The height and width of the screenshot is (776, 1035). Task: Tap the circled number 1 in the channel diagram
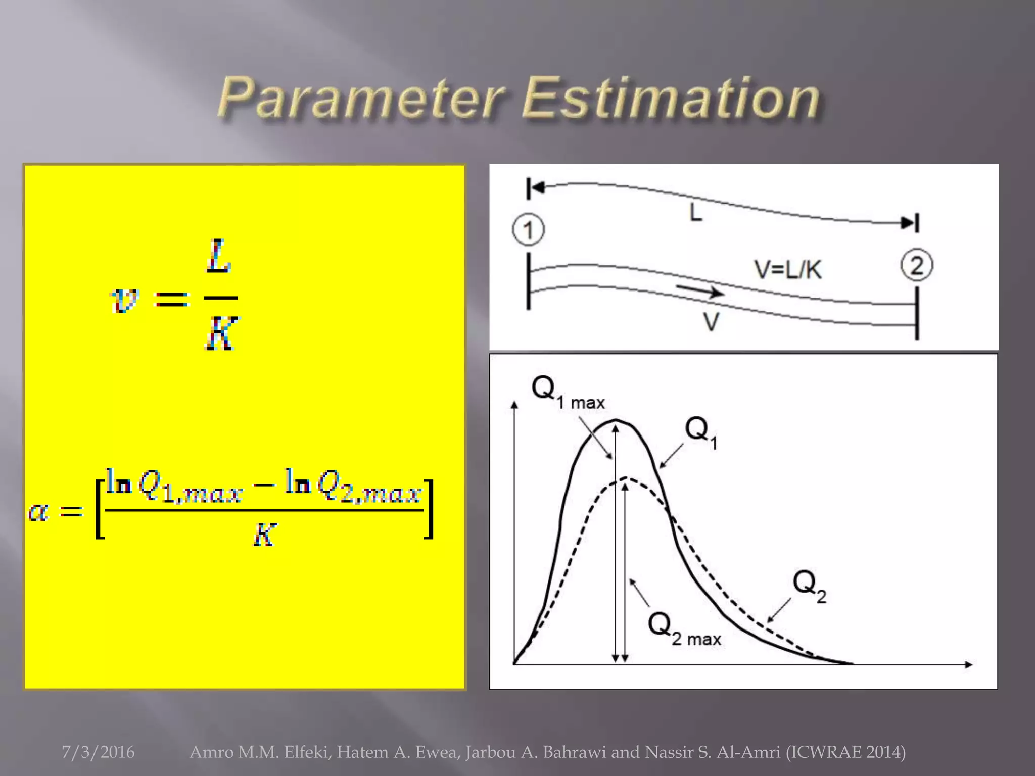point(528,230)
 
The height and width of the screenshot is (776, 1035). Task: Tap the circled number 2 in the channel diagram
point(917,266)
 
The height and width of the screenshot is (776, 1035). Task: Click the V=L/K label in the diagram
point(788,270)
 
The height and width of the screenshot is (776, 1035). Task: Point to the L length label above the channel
point(696,213)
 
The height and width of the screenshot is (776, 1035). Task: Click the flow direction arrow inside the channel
point(700,290)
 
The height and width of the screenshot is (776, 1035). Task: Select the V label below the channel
point(711,322)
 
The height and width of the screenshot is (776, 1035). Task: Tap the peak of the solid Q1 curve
point(616,420)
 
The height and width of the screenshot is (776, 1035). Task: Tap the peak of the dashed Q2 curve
point(626,478)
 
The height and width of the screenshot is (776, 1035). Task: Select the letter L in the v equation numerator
point(219,257)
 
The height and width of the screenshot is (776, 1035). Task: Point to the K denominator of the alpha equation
point(264,535)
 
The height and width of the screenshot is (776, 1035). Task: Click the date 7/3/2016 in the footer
point(98,752)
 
